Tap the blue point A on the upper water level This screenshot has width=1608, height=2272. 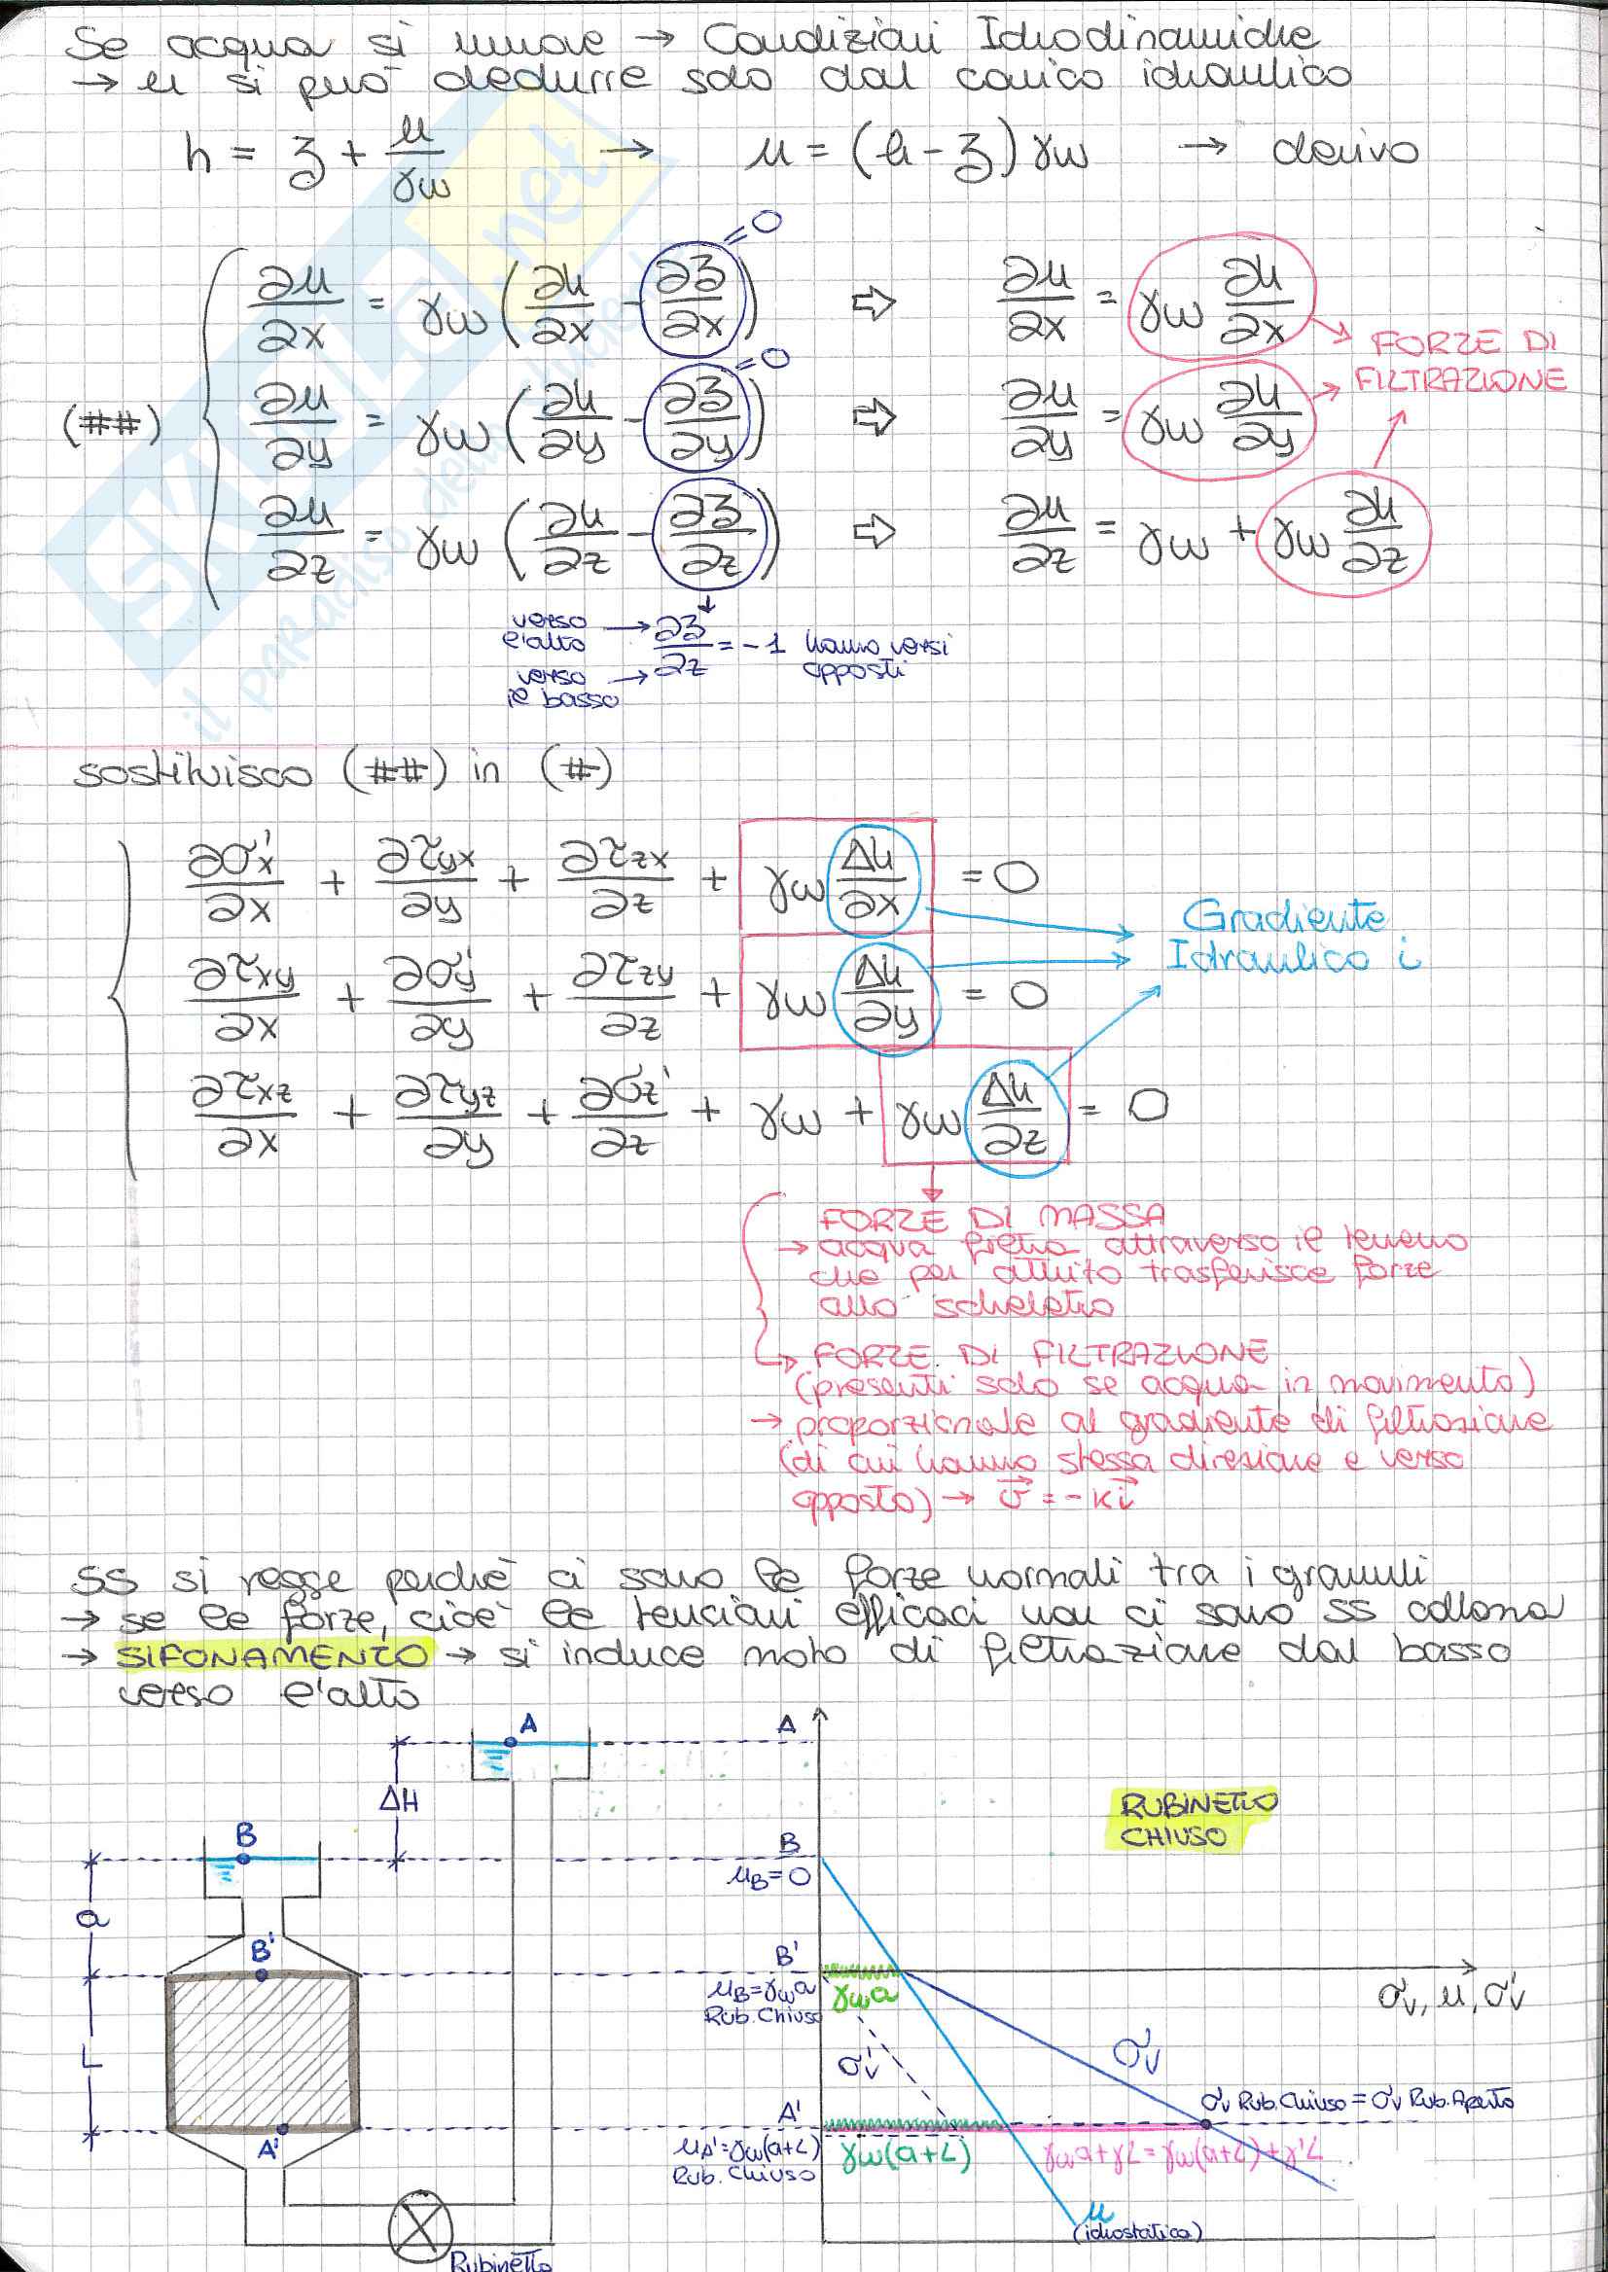[x=510, y=1741]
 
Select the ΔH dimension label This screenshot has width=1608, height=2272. [x=400, y=1798]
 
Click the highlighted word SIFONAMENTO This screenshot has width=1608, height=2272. [x=273, y=1654]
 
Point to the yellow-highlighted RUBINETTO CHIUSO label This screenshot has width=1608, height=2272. [x=1197, y=1819]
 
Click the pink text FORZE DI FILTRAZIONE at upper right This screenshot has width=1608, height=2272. [x=1461, y=363]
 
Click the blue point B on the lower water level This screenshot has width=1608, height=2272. [x=244, y=1859]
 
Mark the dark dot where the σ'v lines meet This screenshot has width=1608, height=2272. [x=1206, y=2124]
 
